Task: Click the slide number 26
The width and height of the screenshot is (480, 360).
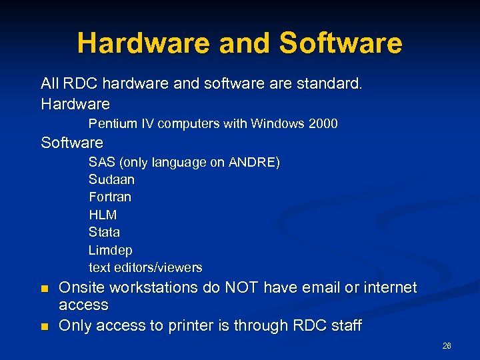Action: click(x=447, y=346)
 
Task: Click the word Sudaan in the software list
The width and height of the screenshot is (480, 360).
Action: click(x=111, y=180)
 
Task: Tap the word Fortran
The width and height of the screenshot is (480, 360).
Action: click(x=110, y=197)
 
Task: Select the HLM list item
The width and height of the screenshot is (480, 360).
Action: click(x=103, y=215)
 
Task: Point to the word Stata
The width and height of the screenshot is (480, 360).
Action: click(x=105, y=233)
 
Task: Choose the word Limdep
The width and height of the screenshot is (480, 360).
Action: click(x=111, y=250)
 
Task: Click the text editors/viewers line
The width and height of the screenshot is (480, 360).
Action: click(x=145, y=268)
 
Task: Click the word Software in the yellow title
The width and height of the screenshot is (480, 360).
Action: click(x=341, y=43)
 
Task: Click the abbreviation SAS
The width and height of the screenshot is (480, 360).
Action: click(x=101, y=163)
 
